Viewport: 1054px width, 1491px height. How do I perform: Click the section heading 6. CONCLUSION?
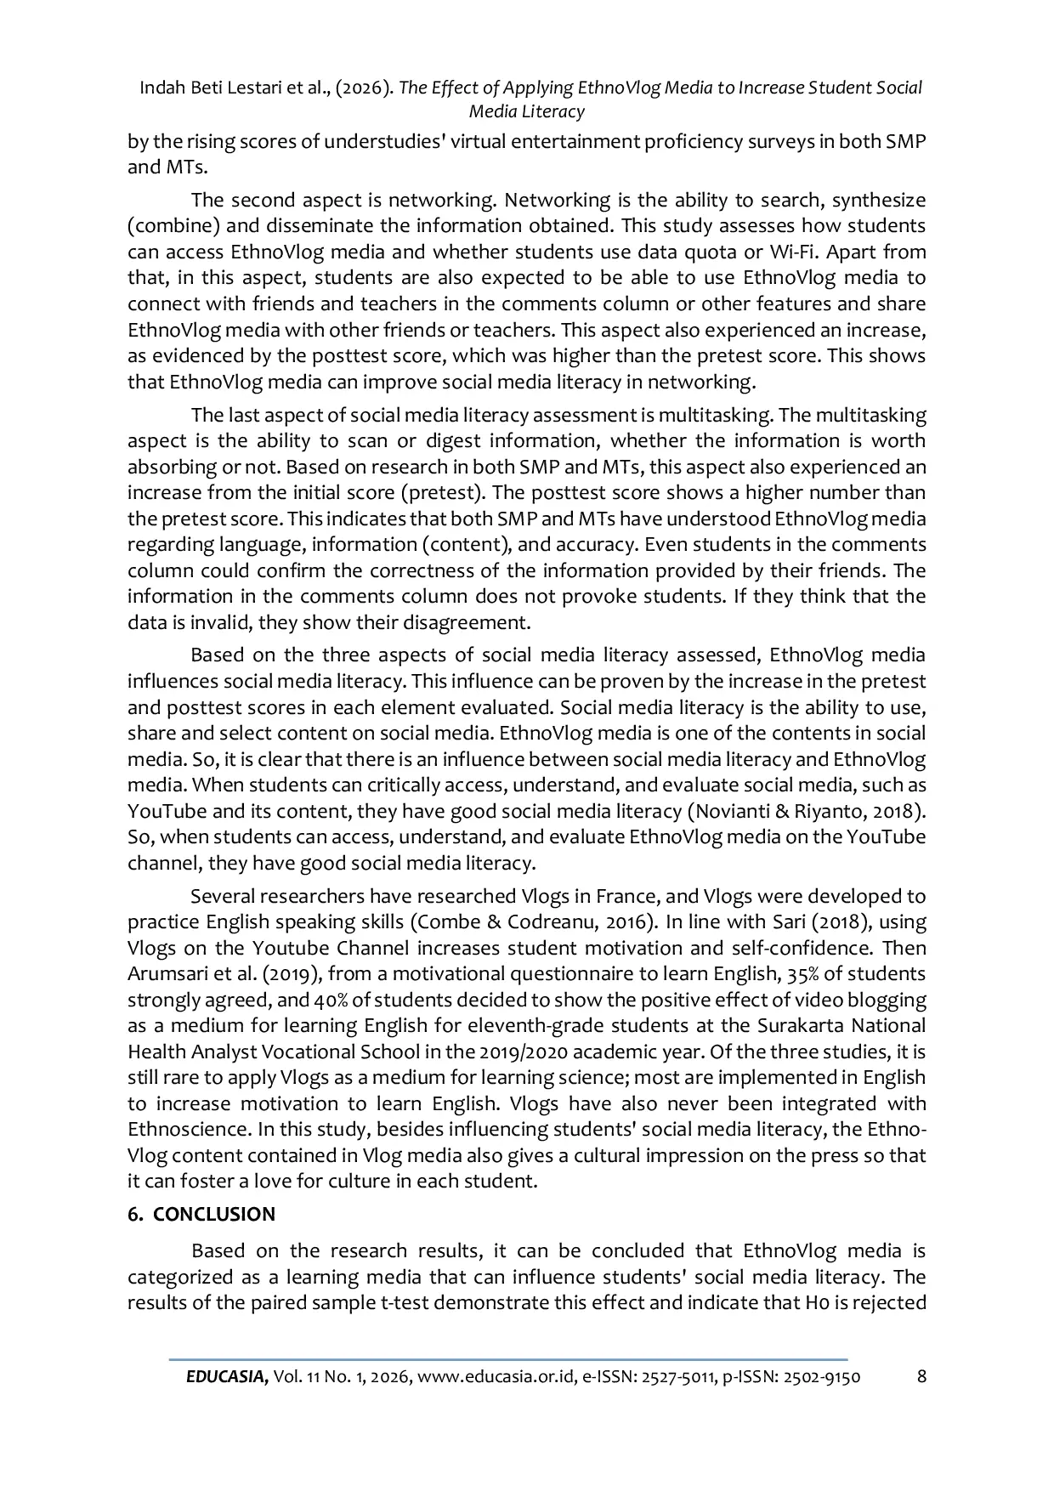pos(201,1214)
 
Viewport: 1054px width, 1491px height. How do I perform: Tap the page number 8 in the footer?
pos(921,1376)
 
